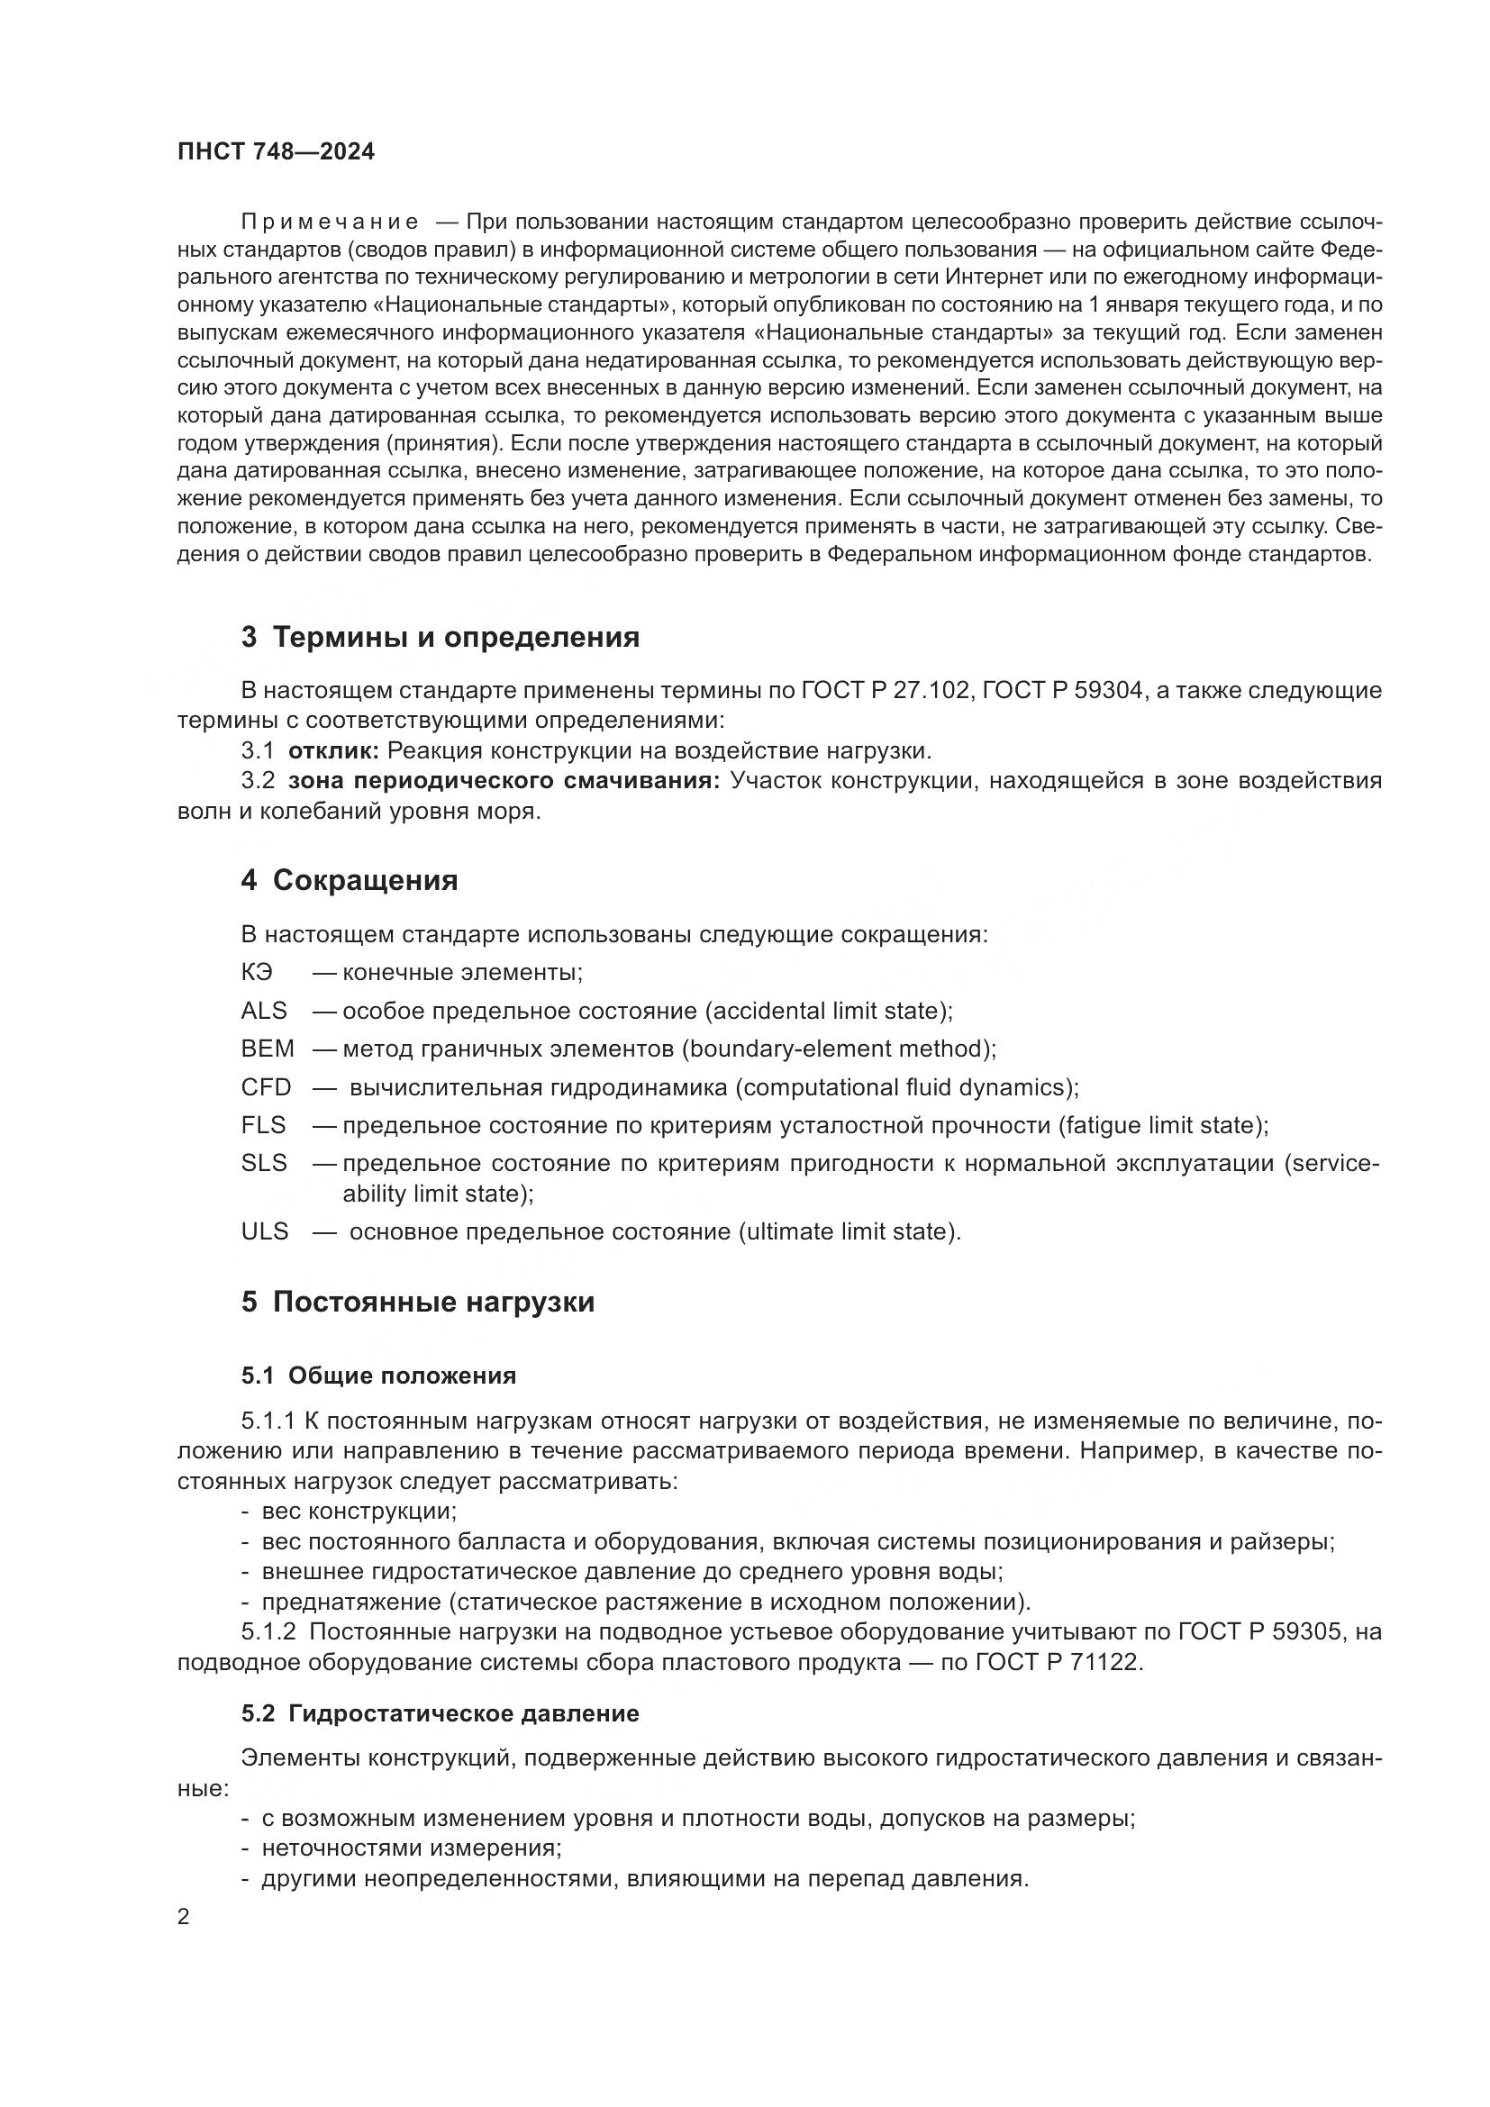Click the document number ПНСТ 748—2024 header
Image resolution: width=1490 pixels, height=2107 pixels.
pyautogui.click(x=277, y=152)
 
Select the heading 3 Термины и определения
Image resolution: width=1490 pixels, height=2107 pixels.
pyautogui.click(x=441, y=637)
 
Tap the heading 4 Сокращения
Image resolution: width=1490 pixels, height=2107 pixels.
pyautogui.click(x=350, y=880)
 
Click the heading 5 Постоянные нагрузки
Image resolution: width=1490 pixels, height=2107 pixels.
pyautogui.click(x=417, y=1303)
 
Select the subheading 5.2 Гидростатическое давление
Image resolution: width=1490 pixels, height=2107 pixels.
pyautogui.click(x=441, y=1713)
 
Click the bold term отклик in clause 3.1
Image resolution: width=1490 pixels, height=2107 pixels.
pyautogui.click(x=333, y=750)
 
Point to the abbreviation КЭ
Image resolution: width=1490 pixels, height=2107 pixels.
pyautogui.click(x=257, y=972)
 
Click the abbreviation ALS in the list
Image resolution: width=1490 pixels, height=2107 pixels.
pyautogui.click(x=264, y=1011)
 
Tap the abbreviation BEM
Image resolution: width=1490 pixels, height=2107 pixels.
pyautogui.click(x=268, y=1048)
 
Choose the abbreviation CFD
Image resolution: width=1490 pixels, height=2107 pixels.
pyautogui.click(x=266, y=1087)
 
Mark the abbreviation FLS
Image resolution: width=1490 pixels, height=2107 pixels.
pyautogui.click(x=264, y=1125)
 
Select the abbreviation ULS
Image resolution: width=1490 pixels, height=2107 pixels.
pyautogui.click(x=265, y=1231)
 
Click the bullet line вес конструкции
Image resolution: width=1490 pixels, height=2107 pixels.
pyautogui.click(x=359, y=1511)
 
